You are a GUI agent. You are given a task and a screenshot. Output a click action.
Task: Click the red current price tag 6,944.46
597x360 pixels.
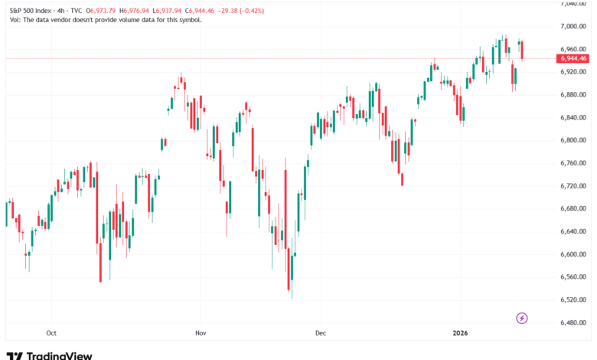tap(573, 58)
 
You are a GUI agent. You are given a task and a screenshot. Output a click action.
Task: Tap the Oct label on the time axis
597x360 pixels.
tap(51, 333)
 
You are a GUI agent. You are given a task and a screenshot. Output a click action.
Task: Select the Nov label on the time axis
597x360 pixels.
tap(201, 333)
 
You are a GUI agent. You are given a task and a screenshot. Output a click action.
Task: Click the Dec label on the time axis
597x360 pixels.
tap(321, 333)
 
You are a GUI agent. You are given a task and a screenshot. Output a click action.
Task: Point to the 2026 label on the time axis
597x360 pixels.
tap(461, 333)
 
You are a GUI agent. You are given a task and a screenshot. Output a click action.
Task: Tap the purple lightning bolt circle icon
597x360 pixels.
tap(523, 318)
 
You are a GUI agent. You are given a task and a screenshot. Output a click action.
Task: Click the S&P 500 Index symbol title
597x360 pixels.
tap(34, 10)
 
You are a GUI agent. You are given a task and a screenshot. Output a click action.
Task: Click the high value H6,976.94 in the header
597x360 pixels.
tap(148, 10)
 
